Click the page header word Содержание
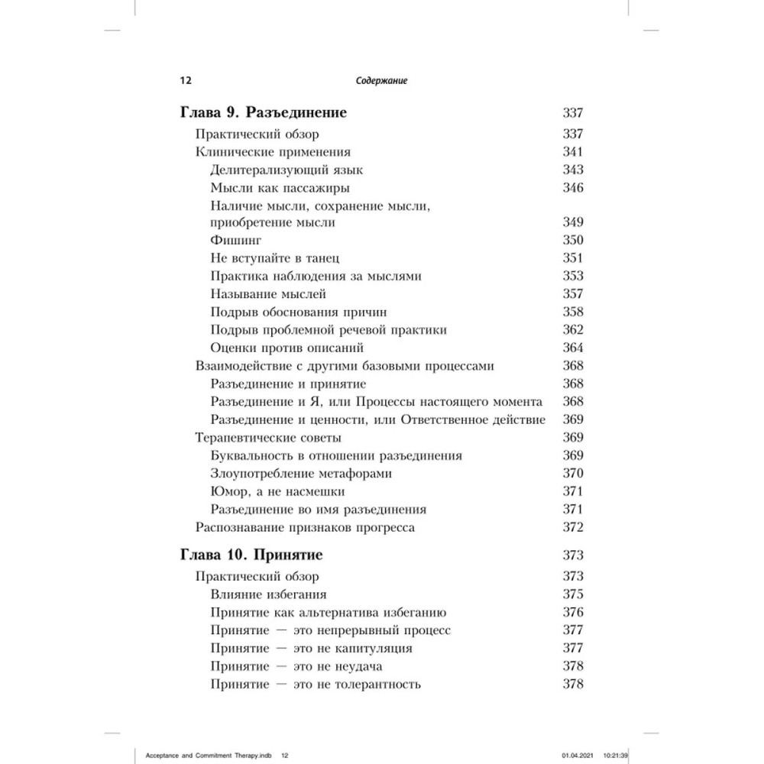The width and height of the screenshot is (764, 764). pyautogui.click(x=380, y=80)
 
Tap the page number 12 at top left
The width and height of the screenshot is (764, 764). pyautogui.click(x=185, y=80)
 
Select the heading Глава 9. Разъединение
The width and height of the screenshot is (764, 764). pyautogui.click(x=264, y=114)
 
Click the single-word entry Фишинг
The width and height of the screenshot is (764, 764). pyautogui.click(x=231, y=241)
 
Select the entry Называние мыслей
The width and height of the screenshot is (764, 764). pyautogui.click(x=268, y=294)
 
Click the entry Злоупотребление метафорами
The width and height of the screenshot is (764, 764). pyautogui.click(x=300, y=474)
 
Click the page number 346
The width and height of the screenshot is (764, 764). pyautogui.click(x=572, y=187)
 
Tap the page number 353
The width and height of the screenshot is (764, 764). pyautogui.click(x=572, y=277)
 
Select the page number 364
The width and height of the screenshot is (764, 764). pyautogui.click(x=572, y=348)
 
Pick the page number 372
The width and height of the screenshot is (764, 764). pyautogui.click(x=572, y=527)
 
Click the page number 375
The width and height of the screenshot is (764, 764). pyautogui.click(x=572, y=594)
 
